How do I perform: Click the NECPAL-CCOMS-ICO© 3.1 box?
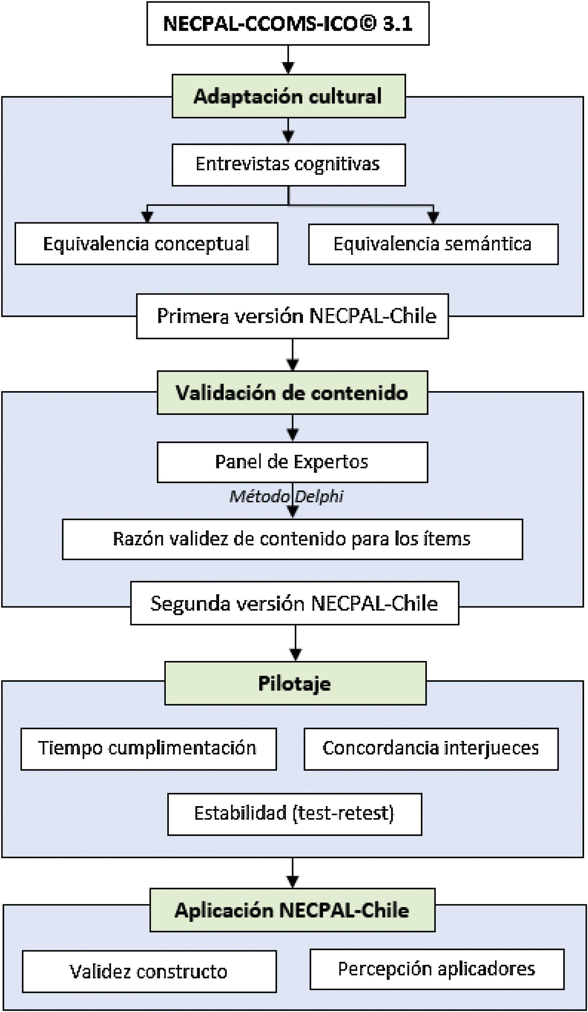pos(288,23)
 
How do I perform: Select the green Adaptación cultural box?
pos(288,96)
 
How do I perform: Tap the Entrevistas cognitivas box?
pos(288,165)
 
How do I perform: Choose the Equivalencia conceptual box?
pos(146,244)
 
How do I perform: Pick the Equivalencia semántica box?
pos(433,244)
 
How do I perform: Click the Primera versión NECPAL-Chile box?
pos(292,316)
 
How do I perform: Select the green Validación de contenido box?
pos(292,392)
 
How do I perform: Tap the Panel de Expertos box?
pos(292,462)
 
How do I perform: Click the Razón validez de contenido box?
pos(292,539)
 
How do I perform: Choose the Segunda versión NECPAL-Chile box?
pos(294,603)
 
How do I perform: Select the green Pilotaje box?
pos(295,683)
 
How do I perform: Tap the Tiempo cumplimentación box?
pos(148,748)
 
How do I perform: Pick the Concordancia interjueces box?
pos(431,748)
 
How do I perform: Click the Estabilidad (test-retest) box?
pos(295,814)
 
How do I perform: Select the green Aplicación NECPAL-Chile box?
pos(292,910)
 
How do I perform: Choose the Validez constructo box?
pos(149,971)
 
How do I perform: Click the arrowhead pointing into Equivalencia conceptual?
pos(148,217)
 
